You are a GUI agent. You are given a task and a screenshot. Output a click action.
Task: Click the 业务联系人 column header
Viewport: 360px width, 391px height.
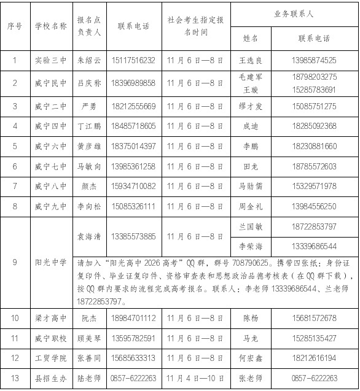point(295,14)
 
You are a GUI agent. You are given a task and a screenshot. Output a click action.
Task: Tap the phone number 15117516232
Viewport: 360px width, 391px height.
point(133,60)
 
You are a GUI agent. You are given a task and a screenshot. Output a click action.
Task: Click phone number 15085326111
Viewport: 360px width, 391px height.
point(133,206)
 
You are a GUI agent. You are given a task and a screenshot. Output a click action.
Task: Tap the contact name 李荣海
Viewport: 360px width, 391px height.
point(251,246)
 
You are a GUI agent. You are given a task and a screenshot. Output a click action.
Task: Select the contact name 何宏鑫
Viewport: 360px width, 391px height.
point(251,358)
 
